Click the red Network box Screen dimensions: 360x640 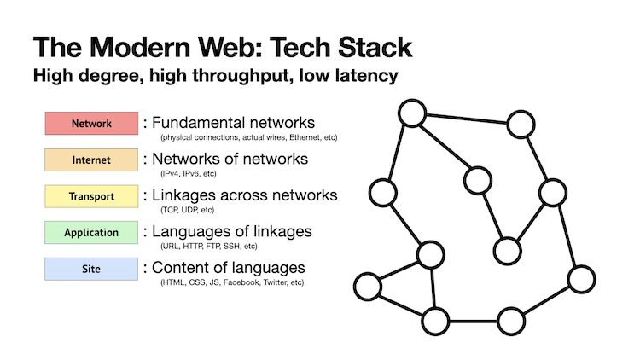[x=91, y=123]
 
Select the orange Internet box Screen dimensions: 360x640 [x=91, y=160]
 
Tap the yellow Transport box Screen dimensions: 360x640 [x=91, y=196]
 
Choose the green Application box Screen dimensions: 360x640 [x=91, y=232]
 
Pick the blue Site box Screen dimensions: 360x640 [x=91, y=269]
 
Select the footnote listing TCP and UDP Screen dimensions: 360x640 [x=187, y=210]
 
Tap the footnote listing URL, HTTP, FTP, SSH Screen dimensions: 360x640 [x=208, y=246]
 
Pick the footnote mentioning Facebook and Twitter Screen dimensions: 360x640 [x=231, y=282]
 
